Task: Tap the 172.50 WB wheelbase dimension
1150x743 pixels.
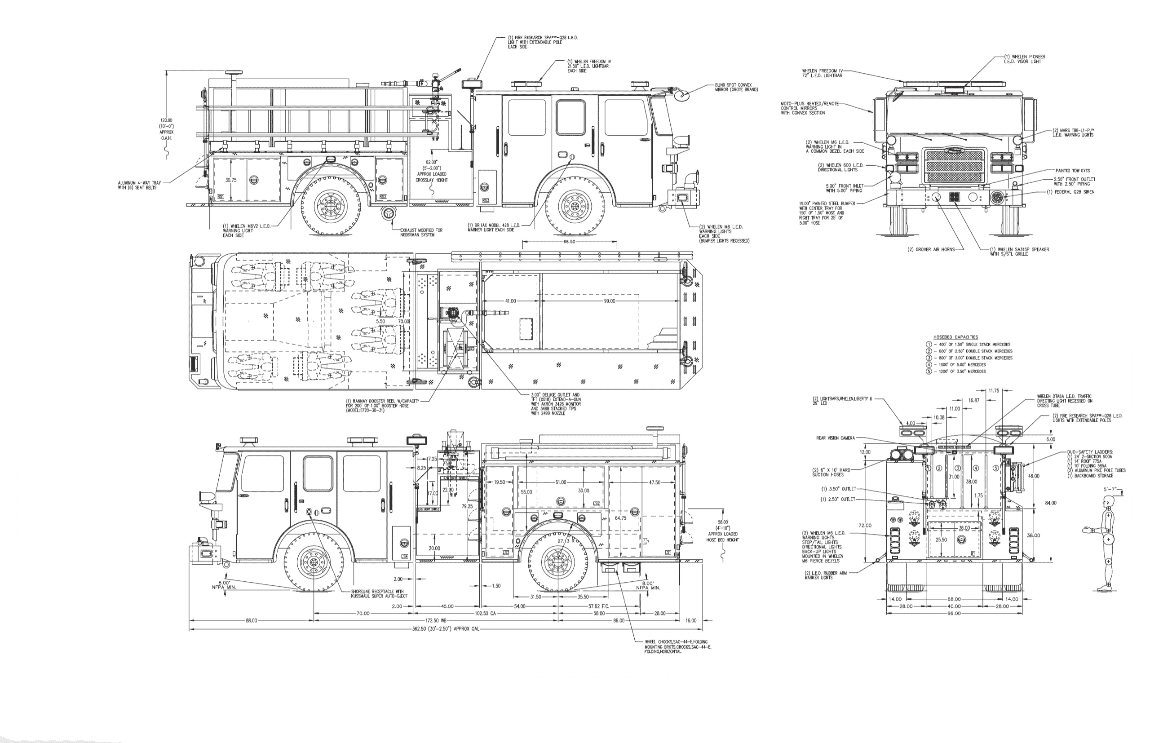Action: [436, 620]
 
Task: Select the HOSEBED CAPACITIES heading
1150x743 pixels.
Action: [955, 337]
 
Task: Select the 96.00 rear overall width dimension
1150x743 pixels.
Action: [954, 613]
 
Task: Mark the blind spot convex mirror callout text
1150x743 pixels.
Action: [736, 87]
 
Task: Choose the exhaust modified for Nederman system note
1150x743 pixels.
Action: [420, 233]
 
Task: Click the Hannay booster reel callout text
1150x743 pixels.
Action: [382, 405]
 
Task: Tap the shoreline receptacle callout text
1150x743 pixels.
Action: [379, 593]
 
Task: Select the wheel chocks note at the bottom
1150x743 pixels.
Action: [677, 646]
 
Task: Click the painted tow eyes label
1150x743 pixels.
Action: [1072, 171]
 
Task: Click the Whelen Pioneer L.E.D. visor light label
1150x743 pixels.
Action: [1024, 59]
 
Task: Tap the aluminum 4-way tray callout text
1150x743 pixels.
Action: [139, 185]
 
